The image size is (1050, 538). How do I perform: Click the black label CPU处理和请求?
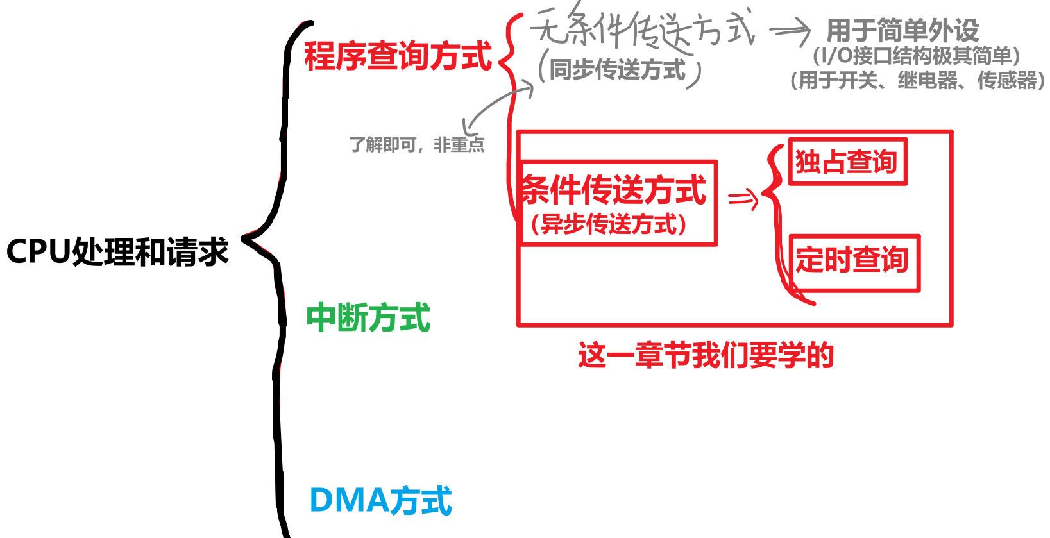[x=117, y=251]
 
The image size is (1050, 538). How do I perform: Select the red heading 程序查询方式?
[x=398, y=56]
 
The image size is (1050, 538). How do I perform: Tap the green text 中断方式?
[x=368, y=318]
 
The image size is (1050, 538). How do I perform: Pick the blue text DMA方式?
[x=380, y=501]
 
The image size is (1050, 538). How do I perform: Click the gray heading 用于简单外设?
[x=902, y=30]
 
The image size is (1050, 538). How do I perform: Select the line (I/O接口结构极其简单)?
[x=916, y=56]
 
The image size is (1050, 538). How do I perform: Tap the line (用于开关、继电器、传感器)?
[x=917, y=81]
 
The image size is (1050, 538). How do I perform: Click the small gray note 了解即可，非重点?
[x=416, y=145]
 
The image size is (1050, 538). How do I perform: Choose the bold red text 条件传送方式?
[x=614, y=190]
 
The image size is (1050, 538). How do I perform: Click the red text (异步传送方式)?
[x=609, y=224]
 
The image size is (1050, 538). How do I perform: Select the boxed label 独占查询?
[x=847, y=162]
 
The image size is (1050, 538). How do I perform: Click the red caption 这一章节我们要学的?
[x=706, y=355]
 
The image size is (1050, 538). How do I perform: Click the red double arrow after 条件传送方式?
[x=743, y=199]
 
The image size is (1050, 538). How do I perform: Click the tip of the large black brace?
[x=244, y=239]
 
